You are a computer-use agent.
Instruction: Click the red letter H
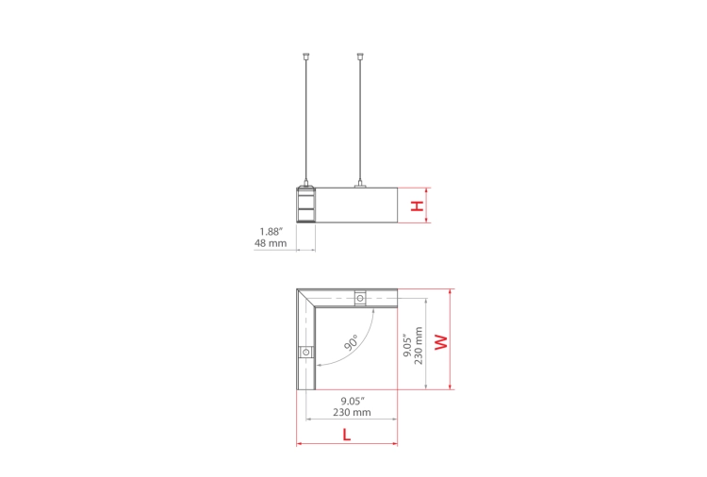click(x=418, y=206)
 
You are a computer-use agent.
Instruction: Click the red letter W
click(x=441, y=341)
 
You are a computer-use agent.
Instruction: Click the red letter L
click(x=346, y=435)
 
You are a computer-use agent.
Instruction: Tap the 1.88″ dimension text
click(x=271, y=232)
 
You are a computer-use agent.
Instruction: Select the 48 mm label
click(x=271, y=243)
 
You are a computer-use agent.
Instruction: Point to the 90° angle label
click(x=351, y=342)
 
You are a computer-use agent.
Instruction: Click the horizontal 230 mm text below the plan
click(x=353, y=412)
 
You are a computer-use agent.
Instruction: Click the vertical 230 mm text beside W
click(x=419, y=345)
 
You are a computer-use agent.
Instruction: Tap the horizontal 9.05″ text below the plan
click(x=353, y=401)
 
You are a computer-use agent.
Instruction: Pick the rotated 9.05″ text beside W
click(x=407, y=345)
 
